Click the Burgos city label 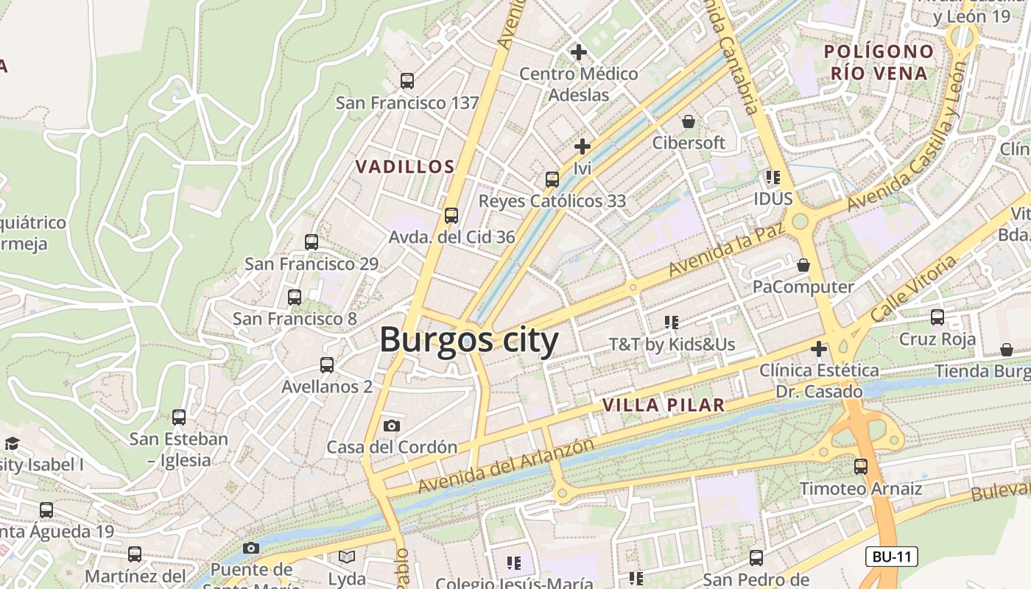[469, 340]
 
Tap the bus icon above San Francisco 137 [407, 81]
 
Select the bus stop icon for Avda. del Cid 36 [451, 216]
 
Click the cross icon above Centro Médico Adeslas [579, 52]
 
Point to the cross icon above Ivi [583, 147]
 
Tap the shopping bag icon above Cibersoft [689, 121]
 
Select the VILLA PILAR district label [664, 405]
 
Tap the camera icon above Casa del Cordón [392, 426]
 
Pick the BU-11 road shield [891, 557]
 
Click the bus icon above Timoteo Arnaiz [861, 466]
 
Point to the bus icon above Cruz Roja [937, 317]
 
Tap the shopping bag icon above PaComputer [803, 265]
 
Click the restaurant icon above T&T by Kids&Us [671, 322]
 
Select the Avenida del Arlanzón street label [506, 466]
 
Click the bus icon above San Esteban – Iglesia [179, 417]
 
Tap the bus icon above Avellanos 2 [327, 364]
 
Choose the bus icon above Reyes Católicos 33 [552, 179]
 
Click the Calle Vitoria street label [912, 289]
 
